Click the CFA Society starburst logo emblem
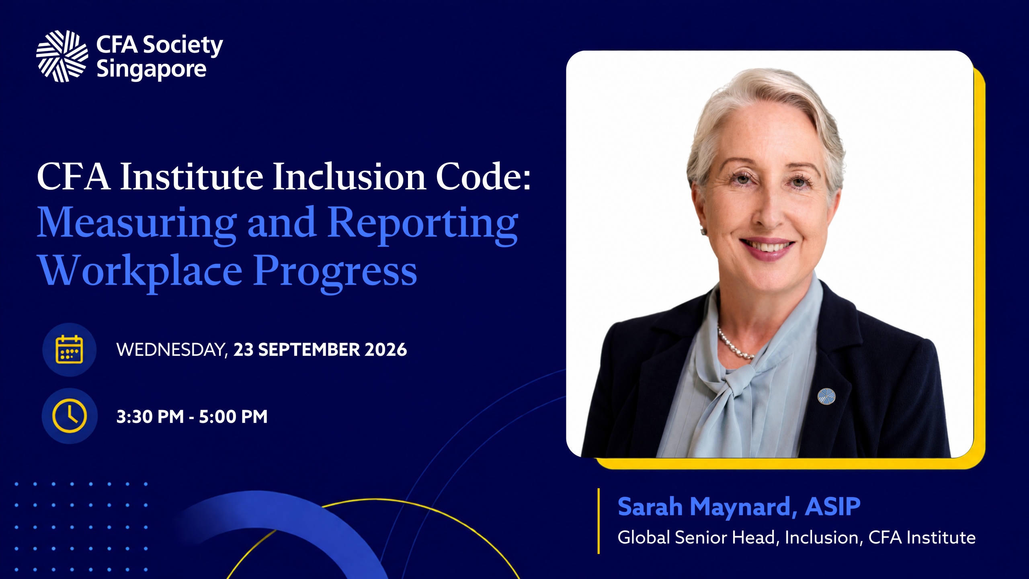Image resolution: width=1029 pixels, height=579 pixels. pyautogui.click(x=62, y=56)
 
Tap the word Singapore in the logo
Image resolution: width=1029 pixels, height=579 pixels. pyautogui.click(x=152, y=70)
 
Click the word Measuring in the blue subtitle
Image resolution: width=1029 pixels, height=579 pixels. pyautogui.click(x=137, y=224)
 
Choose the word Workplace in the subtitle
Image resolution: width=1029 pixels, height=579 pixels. pyautogui.click(x=140, y=271)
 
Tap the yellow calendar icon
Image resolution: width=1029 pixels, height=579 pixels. pyautogui.click(x=69, y=349)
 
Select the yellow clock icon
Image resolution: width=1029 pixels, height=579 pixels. pyautogui.click(x=70, y=416)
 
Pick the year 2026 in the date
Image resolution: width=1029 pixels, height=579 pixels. pyautogui.click(x=385, y=349)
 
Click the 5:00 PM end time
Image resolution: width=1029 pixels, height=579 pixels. pyautogui.click(x=233, y=417)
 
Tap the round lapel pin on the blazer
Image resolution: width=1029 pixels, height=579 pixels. pyautogui.click(x=826, y=396)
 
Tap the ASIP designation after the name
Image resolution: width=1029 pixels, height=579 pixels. pyautogui.click(x=832, y=506)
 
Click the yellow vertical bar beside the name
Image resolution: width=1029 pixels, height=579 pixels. pyautogui.click(x=599, y=521)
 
